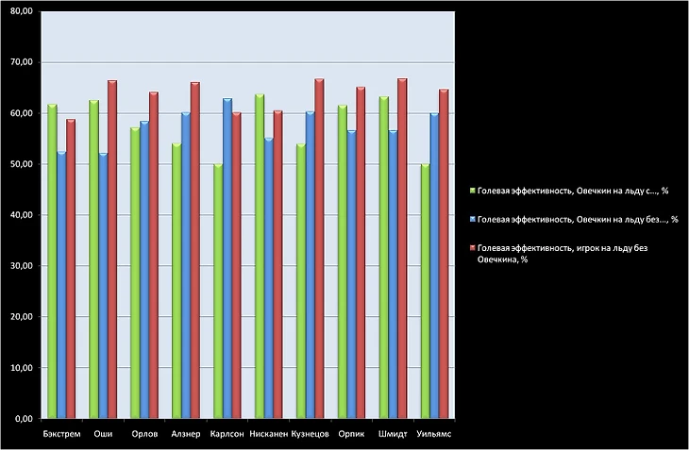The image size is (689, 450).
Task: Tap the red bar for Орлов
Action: point(154,255)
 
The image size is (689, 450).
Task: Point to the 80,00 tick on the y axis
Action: point(19,11)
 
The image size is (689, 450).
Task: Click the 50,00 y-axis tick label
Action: point(19,164)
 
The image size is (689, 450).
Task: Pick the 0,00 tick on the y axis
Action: point(21,418)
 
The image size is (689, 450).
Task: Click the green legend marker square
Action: point(473,191)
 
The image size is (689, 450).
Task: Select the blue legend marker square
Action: point(473,220)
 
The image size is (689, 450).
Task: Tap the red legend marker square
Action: point(473,248)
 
